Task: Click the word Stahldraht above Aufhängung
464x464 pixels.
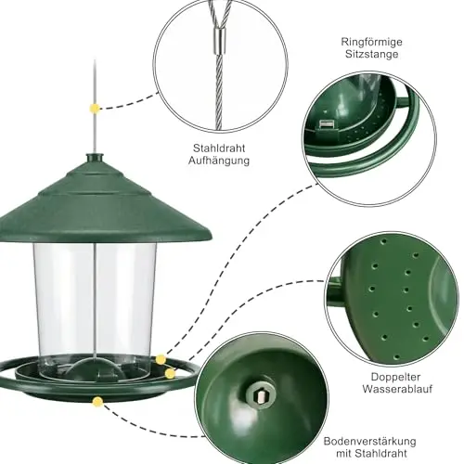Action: [x=219, y=148]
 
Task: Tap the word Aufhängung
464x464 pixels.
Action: [x=219, y=161]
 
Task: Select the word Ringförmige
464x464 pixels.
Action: [x=371, y=42]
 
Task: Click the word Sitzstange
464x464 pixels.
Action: [x=371, y=54]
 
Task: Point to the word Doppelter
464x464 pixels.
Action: [x=395, y=377]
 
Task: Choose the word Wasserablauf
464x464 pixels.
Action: [x=397, y=389]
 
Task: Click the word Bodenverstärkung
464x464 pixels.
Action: [x=369, y=442]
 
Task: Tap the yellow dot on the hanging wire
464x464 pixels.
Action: [x=95, y=109]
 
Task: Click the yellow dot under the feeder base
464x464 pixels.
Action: [x=97, y=402]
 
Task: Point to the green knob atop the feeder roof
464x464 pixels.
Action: [x=95, y=159]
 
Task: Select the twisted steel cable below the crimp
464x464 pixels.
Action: [x=219, y=92]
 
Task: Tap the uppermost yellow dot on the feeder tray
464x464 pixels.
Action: [x=161, y=359]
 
